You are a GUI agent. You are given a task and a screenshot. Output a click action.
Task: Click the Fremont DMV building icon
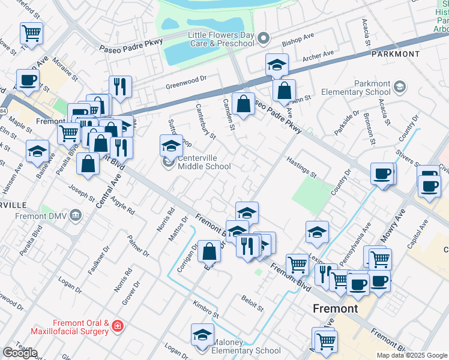[76, 215]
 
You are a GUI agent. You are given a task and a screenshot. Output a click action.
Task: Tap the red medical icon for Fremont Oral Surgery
[118, 327]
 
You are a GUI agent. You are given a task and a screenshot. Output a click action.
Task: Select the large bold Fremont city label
[336, 308]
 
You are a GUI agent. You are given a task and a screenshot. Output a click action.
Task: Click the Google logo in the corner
[20, 353]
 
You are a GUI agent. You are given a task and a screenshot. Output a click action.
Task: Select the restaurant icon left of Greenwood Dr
[120, 86]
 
